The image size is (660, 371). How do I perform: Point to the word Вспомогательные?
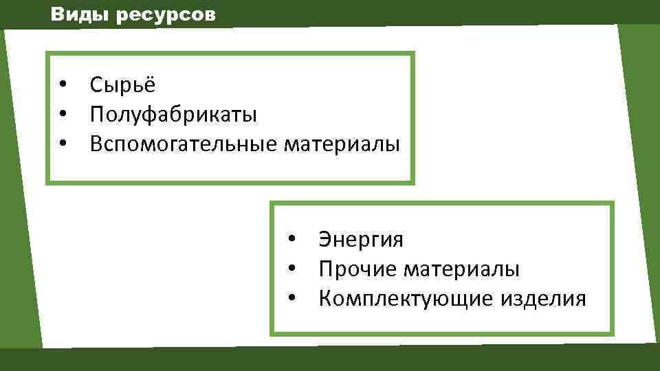coord(183,144)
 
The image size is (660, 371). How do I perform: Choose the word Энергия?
coord(361,240)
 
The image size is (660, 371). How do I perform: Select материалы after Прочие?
coord(461,269)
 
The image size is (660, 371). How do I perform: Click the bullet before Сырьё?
coord(63,85)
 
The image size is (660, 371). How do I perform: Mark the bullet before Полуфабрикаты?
coord(63,115)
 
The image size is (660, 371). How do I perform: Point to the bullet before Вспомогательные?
coord(63,144)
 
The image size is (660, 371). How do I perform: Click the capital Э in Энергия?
coord(324,240)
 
